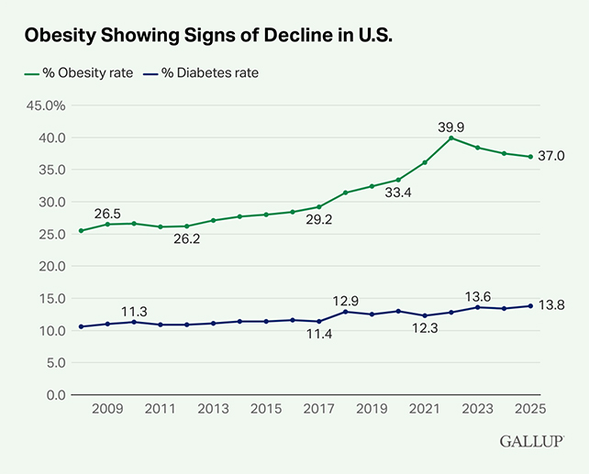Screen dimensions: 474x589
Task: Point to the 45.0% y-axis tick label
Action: tap(43, 105)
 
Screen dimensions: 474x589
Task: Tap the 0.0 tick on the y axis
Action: tap(50, 394)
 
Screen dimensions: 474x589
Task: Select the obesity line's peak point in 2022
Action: tap(450, 138)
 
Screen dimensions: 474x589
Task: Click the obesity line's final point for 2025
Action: tap(530, 157)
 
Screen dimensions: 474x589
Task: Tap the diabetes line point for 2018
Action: tap(345, 312)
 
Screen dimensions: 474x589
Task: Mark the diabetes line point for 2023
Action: tap(477, 307)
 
